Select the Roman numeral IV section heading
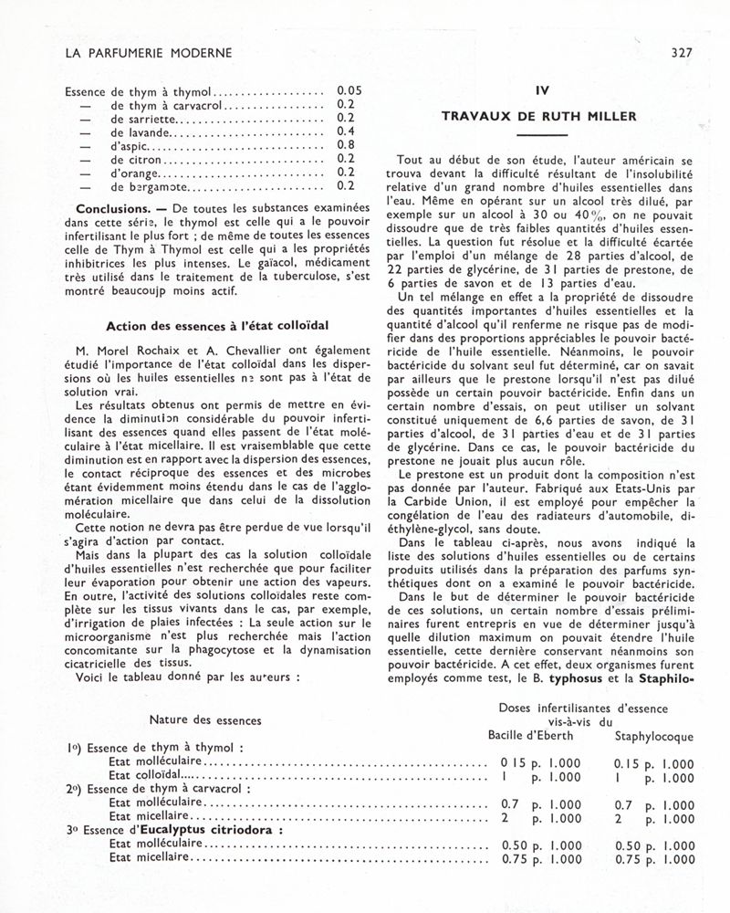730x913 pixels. point(539,91)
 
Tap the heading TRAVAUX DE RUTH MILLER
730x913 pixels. point(539,116)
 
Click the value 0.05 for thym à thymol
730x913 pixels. point(350,91)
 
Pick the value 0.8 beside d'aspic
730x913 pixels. point(346,144)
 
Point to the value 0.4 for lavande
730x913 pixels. point(346,131)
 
